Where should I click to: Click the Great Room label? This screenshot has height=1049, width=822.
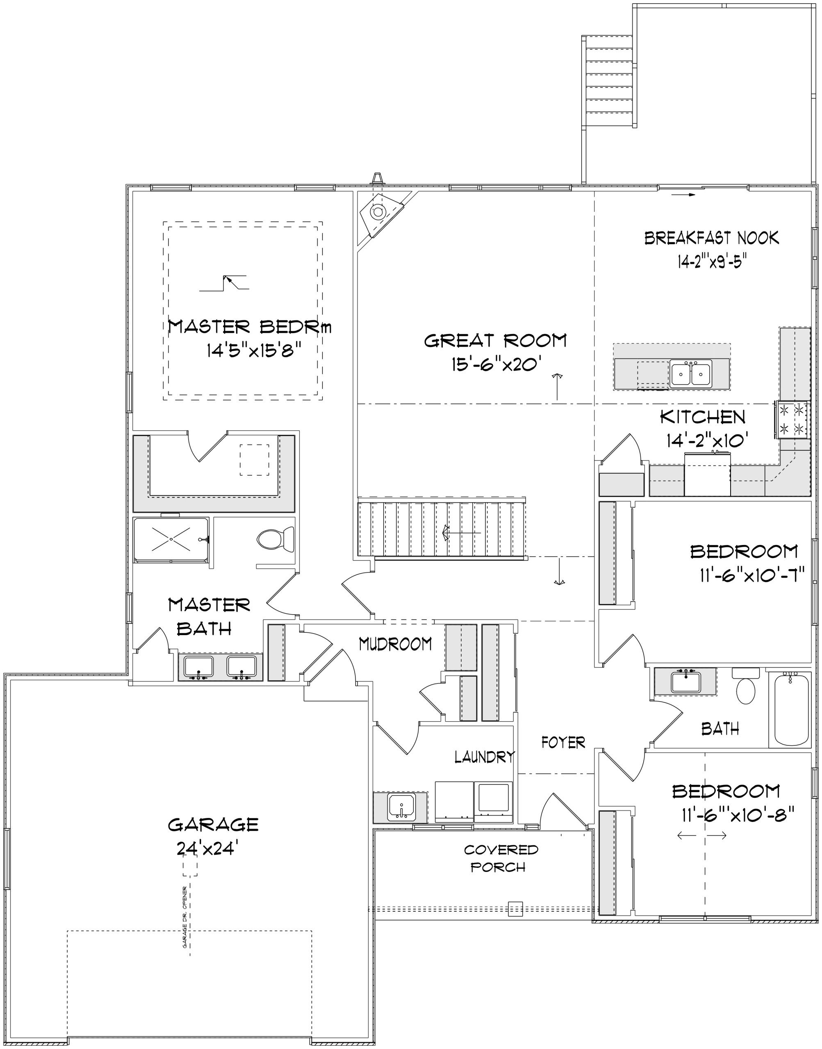pos(495,341)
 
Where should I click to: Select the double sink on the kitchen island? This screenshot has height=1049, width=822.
pos(691,374)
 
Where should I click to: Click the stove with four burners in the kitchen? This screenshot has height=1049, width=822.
pos(792,420)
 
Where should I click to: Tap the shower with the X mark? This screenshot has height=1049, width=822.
pos(171,539)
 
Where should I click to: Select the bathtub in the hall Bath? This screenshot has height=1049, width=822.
pos(791,709)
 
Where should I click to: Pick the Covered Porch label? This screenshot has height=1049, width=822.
pos(500,858)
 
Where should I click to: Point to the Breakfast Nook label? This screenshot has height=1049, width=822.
pos(711,238)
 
